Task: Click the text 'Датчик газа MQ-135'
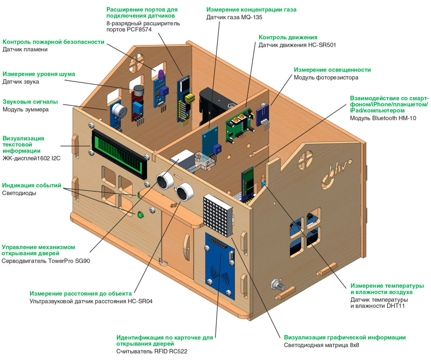click(234, 18)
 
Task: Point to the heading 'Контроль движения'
click(288, 37)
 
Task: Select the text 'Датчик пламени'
click(25, 50)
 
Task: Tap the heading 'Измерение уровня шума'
click(39, 74)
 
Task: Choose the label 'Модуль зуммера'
click(26, 109)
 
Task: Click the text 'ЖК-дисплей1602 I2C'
click(31, 158)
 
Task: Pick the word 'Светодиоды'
click(19, 193)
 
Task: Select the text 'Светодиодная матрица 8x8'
click(322, 345)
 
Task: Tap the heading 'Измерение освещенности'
click(332, 70)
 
